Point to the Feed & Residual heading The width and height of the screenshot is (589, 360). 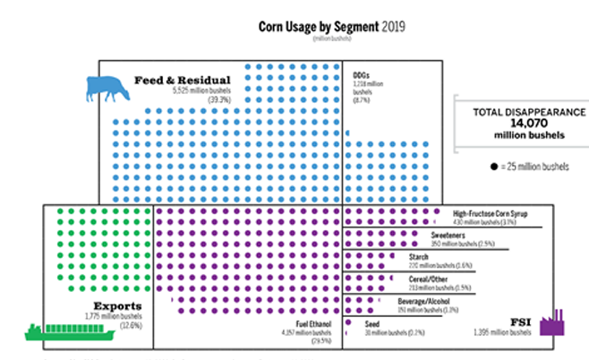183,81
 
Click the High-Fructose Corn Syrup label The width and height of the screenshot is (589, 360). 496,215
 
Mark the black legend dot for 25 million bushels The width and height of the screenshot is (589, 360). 493,167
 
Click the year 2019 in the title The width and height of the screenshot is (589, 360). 390,26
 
